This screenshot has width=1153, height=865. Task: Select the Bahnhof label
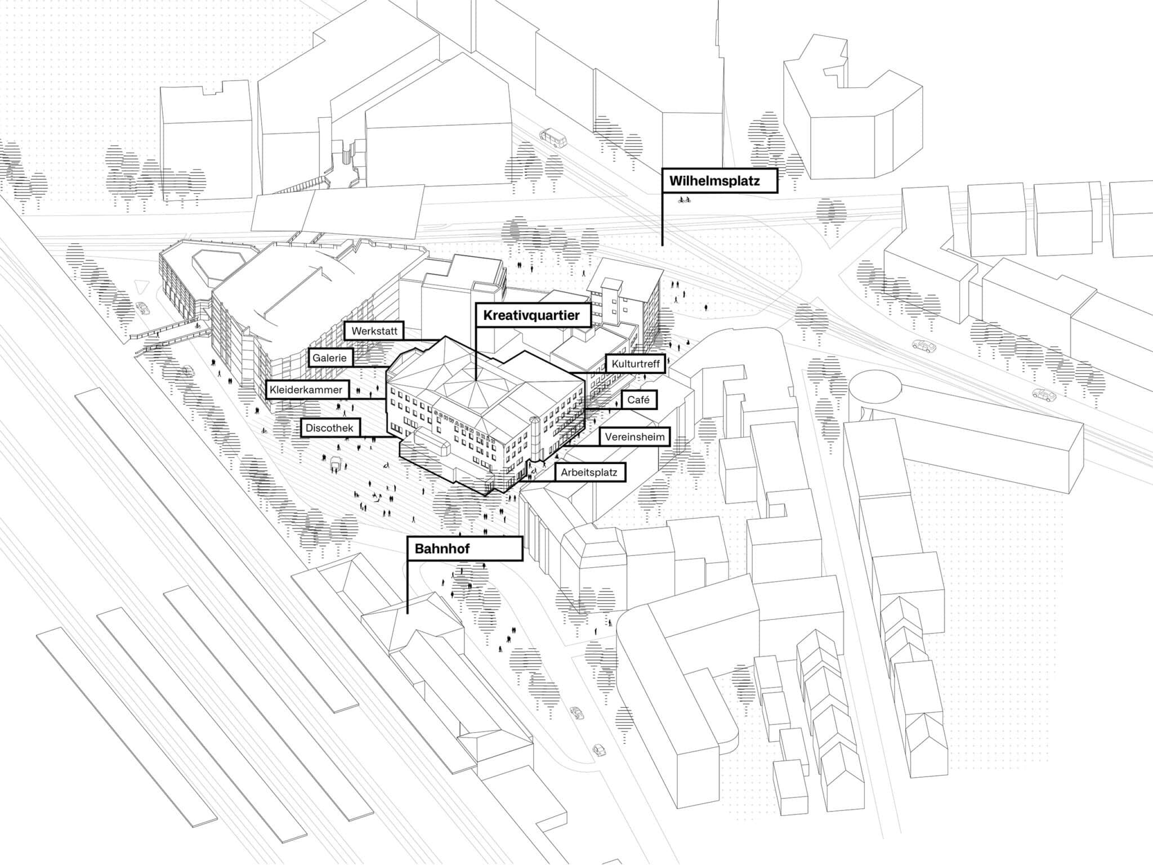tap(464, 549)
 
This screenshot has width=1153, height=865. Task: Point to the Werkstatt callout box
tap(374, 331)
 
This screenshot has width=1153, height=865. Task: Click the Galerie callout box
tap(330, 358)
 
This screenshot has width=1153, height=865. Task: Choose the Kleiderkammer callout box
tap(306, 390)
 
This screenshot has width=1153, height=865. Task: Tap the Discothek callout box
tap(329, 428)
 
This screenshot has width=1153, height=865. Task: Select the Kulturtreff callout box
tap(636, 364)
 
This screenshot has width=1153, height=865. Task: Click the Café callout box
tap(638, 400)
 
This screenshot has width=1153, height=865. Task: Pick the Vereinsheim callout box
tap(634, 437)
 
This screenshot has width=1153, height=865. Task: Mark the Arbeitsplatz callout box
tap(589, 472)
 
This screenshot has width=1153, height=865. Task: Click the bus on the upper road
tap(552, 137)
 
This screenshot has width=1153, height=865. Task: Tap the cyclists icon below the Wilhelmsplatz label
tap(684, 199)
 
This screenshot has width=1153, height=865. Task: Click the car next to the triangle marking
tap(143, 308)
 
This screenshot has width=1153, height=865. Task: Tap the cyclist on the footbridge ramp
tap(197, 324)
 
